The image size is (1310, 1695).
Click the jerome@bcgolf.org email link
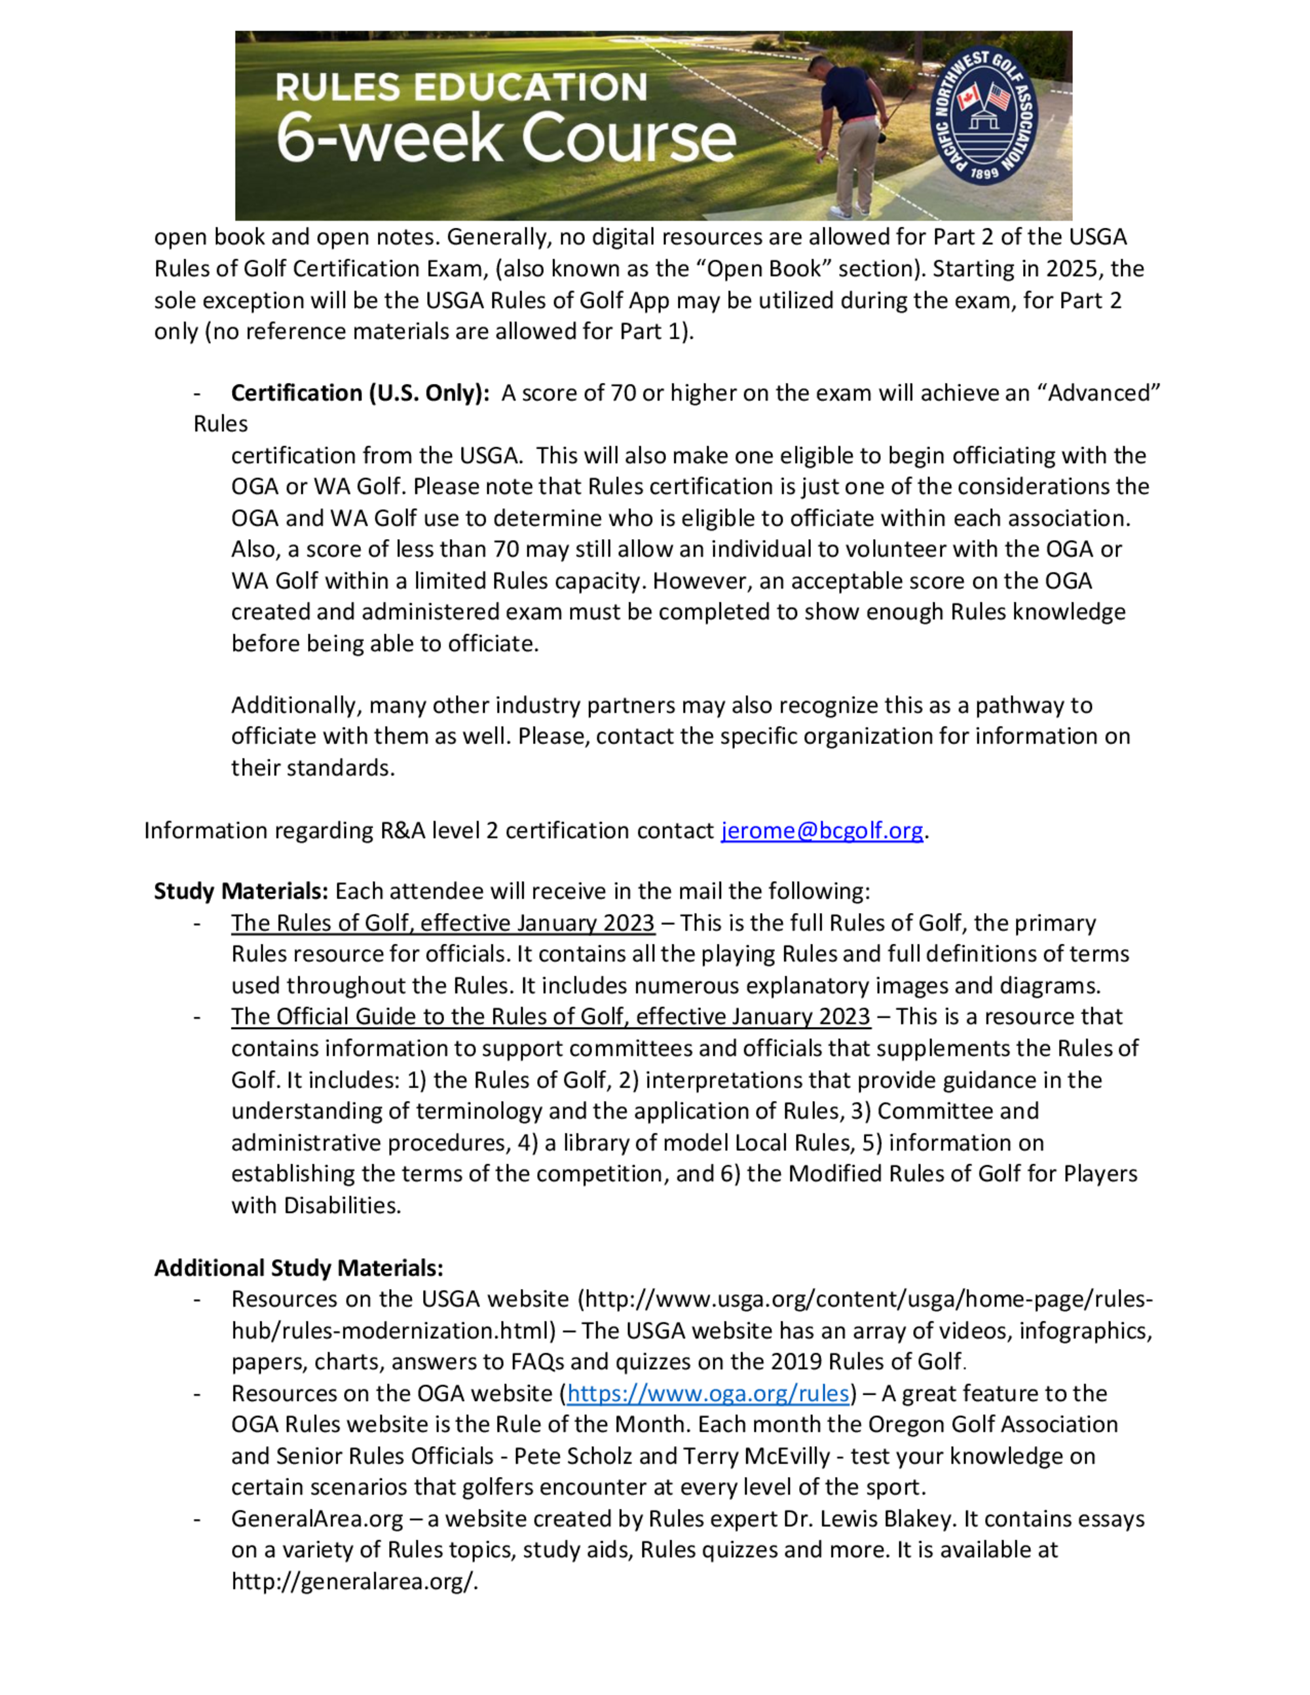point(822,830)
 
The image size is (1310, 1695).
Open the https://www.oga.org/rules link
point(708,1393)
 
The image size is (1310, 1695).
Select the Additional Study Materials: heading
point(299,1268)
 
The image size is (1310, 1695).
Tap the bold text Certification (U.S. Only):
point(360,393)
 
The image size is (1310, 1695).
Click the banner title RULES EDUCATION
point(461,88)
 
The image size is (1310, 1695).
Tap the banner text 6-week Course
point(506,138)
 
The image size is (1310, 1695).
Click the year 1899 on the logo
point(984,173)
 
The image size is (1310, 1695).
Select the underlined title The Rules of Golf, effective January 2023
point(442,923)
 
